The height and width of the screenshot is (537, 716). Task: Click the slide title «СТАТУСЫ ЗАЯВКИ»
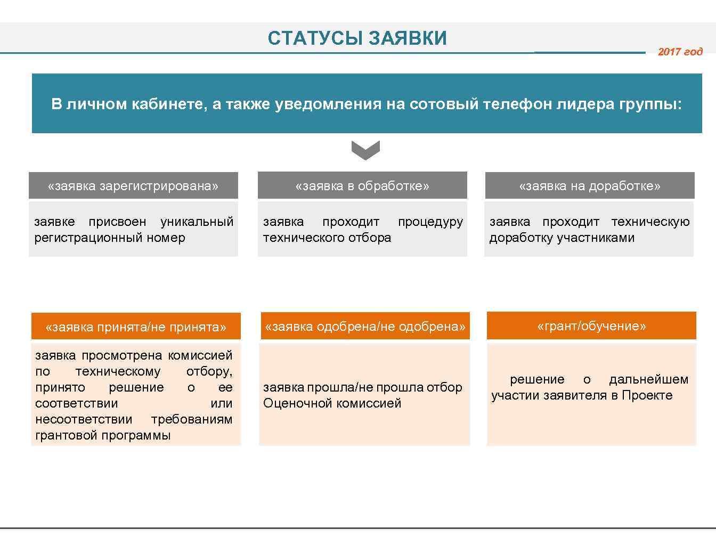(357, 38)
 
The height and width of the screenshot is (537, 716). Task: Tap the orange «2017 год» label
(680, 52)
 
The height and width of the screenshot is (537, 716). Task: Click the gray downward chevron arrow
(366, 150)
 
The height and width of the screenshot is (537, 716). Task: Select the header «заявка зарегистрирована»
(133, 186)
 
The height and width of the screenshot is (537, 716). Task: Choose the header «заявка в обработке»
(362, 186)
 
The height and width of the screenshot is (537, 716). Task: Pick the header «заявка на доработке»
(590, 186)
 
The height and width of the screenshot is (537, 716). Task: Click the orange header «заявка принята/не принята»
(136, 327)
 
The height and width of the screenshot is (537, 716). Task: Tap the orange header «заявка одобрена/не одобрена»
(365, 326)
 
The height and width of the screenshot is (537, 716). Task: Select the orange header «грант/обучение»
(591, 326)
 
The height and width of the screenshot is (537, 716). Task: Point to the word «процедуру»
(430, 222)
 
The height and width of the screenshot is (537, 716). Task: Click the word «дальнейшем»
(649, 379)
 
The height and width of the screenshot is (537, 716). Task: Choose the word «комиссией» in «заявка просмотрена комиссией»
(200, 355)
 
